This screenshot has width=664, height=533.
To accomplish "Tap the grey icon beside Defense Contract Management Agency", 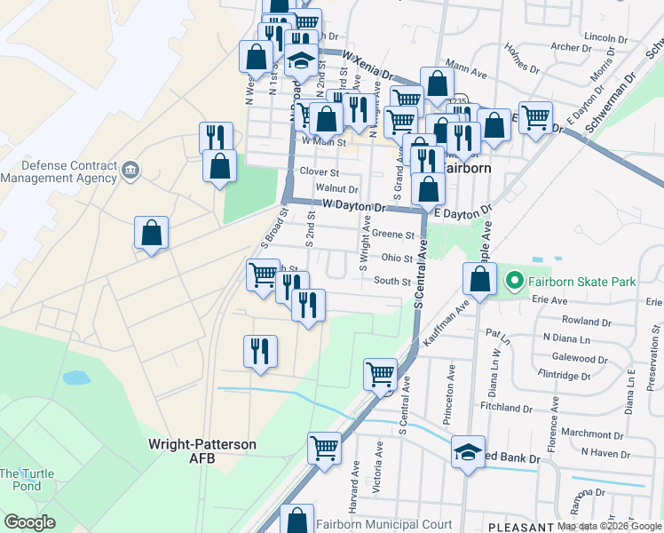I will click(x=130, y=170).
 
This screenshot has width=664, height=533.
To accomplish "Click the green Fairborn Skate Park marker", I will click(x=513, y=282).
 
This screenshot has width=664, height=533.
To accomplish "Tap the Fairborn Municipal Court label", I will click(x=384, y=525).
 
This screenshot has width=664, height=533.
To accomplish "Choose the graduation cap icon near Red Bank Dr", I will click(x=469, y=451).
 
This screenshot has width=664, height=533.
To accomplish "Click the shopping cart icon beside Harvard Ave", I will click(x=325, y=447).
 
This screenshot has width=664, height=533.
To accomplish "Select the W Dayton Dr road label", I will click(x=352, y=207).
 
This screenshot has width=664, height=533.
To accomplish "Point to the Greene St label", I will click(x=393, y=235).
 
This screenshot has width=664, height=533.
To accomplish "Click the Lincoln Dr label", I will click(x=605, y=38).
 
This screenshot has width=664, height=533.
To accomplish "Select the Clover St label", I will click(x=320, y=171).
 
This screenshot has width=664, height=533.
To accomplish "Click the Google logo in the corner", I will click(x=29, y=522).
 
